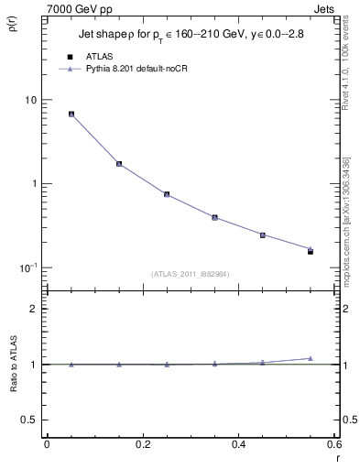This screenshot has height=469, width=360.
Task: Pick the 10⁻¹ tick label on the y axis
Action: tap(27, 267)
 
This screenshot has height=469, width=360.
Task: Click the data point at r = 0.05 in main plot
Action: tap(71, 115)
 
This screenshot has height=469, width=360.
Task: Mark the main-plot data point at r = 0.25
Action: tap(167, 194)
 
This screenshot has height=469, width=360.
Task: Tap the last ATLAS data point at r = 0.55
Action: tap(311, 251)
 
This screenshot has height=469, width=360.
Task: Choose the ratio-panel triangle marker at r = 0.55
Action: tap(311, 358)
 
